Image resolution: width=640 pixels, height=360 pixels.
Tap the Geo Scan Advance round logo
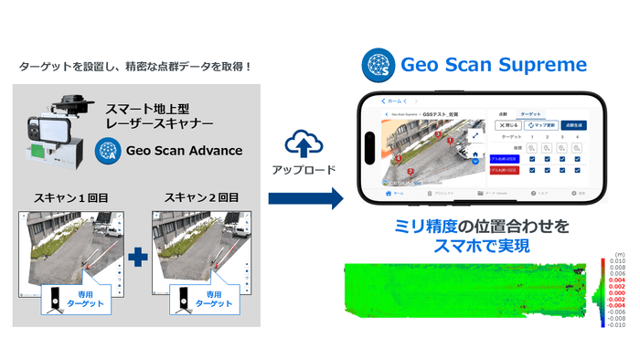coord(111,151)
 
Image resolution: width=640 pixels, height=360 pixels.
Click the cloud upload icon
coord(301,143)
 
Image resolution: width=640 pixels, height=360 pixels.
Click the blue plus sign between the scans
coord(137,258)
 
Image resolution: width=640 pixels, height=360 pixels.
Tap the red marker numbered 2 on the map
coord(411,171)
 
